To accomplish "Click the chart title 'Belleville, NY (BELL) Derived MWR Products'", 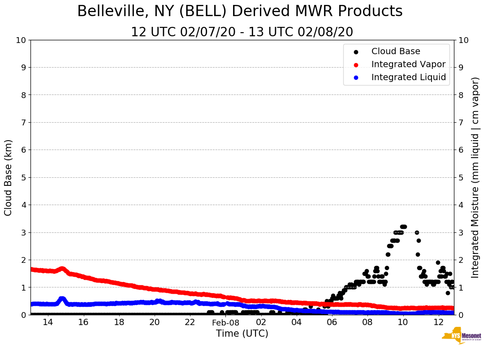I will pos(240,12).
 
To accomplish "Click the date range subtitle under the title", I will pos(242,32).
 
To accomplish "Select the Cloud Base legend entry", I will pos(396,51).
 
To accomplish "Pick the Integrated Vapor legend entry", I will pos(408,64).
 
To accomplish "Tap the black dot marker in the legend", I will pos(356,52).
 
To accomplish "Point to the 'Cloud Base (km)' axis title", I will pos(9,177).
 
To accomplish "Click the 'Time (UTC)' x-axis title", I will pos(242,334).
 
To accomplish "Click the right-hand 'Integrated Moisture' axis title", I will pos(475,177).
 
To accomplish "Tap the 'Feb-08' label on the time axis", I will pos(225,323).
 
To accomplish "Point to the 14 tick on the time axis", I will pos(48,322).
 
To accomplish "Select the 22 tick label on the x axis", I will pos(190,322).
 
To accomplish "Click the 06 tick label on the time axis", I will pos(332,322).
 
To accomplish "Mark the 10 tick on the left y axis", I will pos(21,40).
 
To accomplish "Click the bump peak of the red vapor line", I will pos(62,269).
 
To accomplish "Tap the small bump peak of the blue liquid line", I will pos(62,299).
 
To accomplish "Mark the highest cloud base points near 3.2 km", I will pos(403,227).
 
